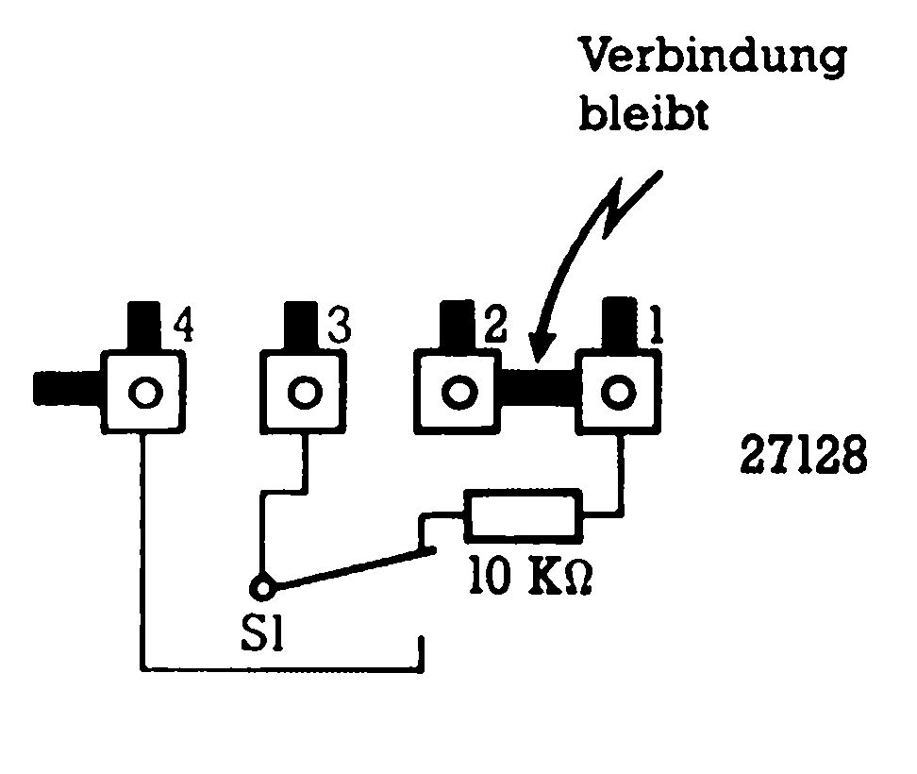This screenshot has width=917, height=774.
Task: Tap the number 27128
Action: (802, 458)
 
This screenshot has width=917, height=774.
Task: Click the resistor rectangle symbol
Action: (522, 516)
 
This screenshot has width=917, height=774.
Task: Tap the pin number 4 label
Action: (184, 328)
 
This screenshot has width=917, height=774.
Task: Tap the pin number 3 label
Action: (339, 328)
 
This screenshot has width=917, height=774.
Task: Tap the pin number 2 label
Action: (495, 328)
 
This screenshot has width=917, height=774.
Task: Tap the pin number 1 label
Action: (653, 328)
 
